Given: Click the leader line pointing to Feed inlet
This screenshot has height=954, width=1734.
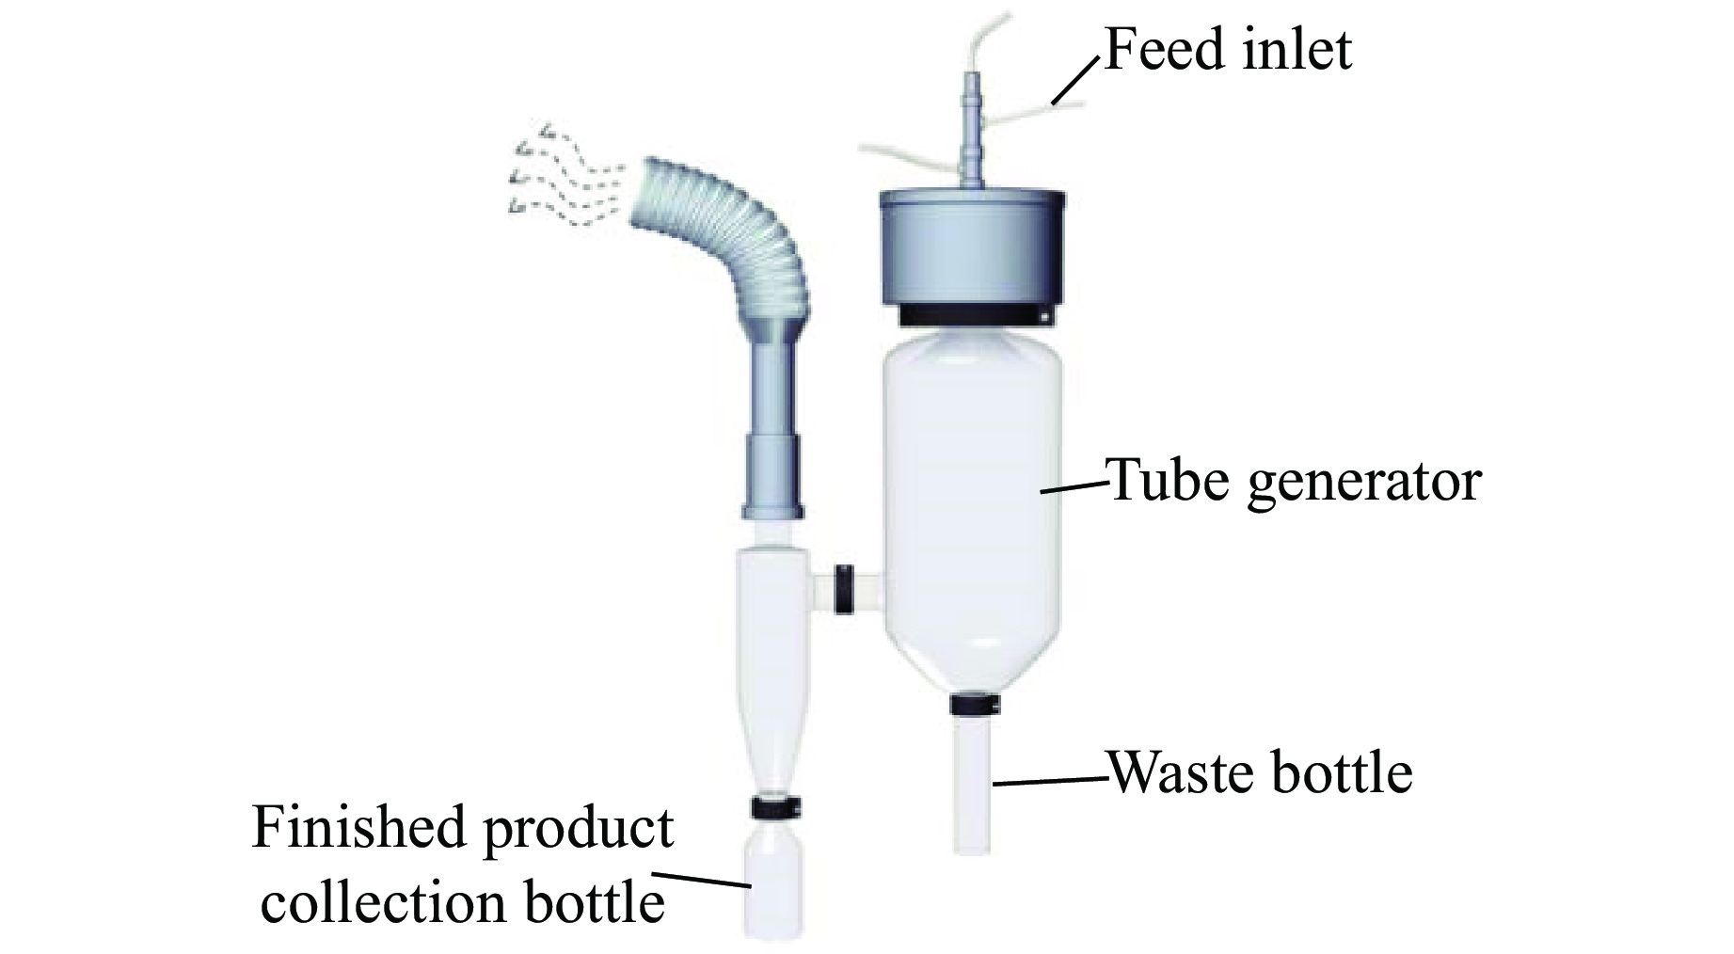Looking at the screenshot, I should click(x=1074, y=81).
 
